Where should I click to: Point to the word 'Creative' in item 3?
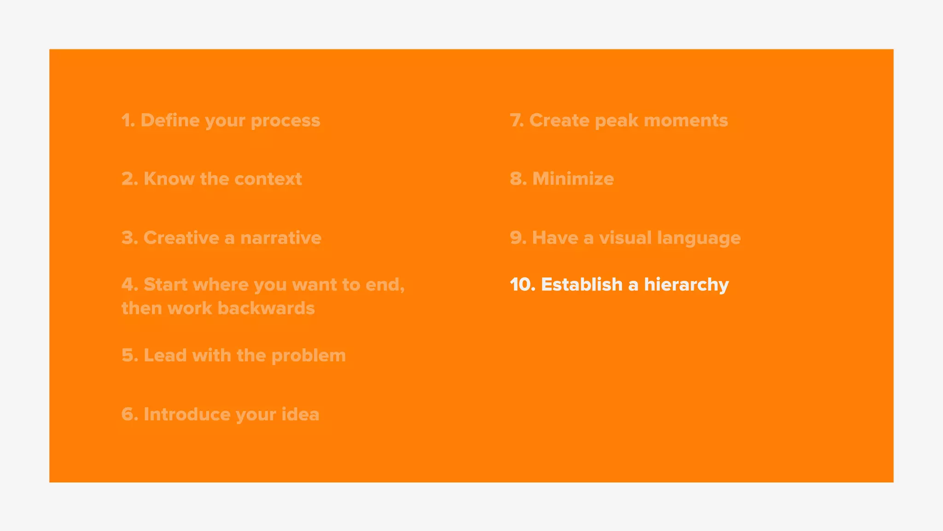click(x=181, y=238)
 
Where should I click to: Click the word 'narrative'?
click(x=280, y=238)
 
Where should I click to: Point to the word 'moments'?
click(x=686, y=120)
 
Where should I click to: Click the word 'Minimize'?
click(x=573, y=179)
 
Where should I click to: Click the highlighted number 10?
click(x=522, y=284)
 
